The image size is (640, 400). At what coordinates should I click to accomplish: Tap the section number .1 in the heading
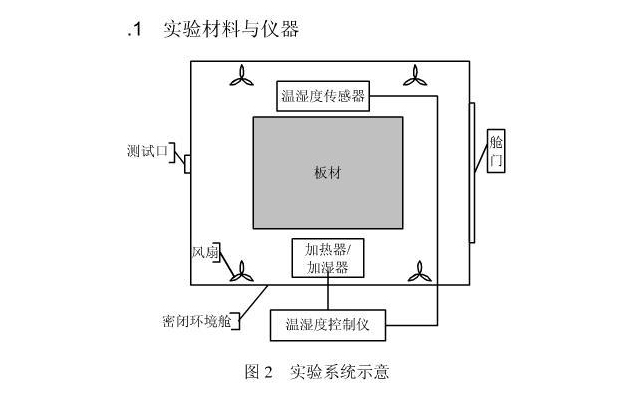(x=136, y=30)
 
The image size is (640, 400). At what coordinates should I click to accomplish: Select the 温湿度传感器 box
(x=322, y=97)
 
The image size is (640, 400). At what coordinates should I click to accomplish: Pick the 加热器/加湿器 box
(x=327, y=258)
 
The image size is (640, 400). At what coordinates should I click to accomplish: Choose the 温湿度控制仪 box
(x=328, y=324)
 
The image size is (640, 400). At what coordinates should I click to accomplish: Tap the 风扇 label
(x=205, y=253)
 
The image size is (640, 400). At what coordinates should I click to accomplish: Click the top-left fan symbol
(x=244, y=76)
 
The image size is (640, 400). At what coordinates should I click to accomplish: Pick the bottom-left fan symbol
(x=244, y=268)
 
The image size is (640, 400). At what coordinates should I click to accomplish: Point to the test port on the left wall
(x=187, y=163)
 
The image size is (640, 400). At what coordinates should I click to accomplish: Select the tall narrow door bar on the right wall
(x=473, y=150)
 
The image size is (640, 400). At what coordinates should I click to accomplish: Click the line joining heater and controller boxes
(x=327, y=294)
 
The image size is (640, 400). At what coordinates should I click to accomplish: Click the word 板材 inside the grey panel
(x=327, y=171)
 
